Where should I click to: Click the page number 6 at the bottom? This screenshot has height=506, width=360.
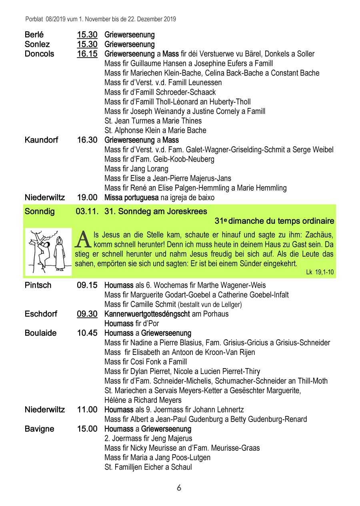179,488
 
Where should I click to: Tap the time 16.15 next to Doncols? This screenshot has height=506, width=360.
87,54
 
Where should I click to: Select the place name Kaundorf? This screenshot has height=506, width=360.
41,140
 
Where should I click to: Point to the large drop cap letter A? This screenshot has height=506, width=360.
82,239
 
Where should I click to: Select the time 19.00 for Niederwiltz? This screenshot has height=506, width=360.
87,197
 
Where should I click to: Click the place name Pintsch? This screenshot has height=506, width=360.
38,285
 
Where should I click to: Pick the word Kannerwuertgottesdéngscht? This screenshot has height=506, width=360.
147,314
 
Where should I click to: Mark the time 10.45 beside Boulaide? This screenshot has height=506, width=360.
87,333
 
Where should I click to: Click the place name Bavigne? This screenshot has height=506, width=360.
39,429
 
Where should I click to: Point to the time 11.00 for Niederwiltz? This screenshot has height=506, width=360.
87,410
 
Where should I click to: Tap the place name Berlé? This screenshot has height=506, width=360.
34,35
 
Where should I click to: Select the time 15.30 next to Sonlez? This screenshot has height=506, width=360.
87,44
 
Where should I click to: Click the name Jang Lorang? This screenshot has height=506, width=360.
149,169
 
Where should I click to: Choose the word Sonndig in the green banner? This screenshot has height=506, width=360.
40,211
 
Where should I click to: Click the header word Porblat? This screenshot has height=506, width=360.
32,19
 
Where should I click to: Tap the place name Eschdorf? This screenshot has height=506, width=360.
41,314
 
